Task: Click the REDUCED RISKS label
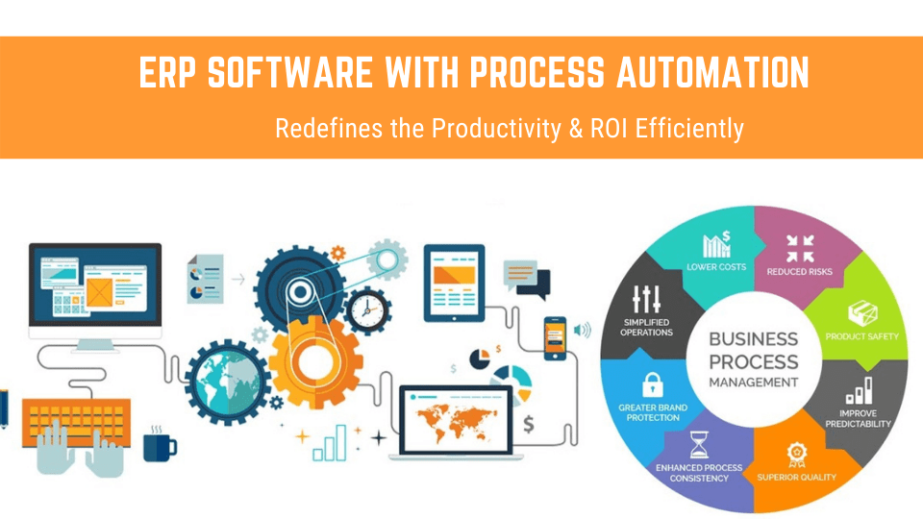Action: coord(799,271)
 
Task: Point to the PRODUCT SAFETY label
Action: coord(861,335)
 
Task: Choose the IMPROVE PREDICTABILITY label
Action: coord(859,418)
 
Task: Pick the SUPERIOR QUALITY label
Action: coord(796,477)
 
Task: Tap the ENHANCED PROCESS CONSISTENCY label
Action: coord(699,473)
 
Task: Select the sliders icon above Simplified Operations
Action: coord(646,301)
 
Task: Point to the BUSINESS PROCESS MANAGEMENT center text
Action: coord(753,360)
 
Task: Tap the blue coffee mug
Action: coord(159,444)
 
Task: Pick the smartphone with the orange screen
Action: coord(555,337)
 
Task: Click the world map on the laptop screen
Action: coord(457,414)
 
